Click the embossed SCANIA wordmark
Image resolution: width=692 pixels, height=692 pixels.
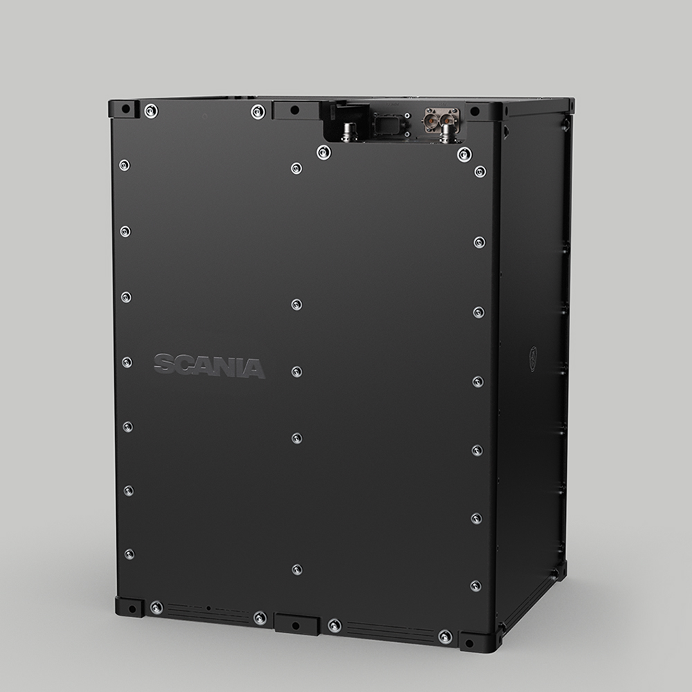[x=209, y=366]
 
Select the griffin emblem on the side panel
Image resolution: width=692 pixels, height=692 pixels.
[x=533, y=358]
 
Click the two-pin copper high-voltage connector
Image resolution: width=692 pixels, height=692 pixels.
[x=441, y=118]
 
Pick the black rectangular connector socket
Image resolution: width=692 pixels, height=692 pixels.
[x=383, y=125]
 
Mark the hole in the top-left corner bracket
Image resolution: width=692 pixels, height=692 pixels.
[x=125, y=109]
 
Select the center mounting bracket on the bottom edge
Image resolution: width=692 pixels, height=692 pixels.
[x=296, y=624]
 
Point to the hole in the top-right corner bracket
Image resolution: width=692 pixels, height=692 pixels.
[x=475, y=111]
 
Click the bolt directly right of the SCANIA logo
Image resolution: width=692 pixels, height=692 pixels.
[x=296, y=372]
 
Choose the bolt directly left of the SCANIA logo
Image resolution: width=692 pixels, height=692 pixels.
[x=127, y=361]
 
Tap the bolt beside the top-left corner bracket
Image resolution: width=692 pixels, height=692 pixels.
[x=151, y=111]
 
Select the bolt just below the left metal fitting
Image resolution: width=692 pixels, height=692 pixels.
[x=323, y=152]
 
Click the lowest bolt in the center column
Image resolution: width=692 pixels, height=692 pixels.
[x=296, y=570]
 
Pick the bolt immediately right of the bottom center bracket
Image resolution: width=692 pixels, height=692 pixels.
[x=334, y=626]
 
